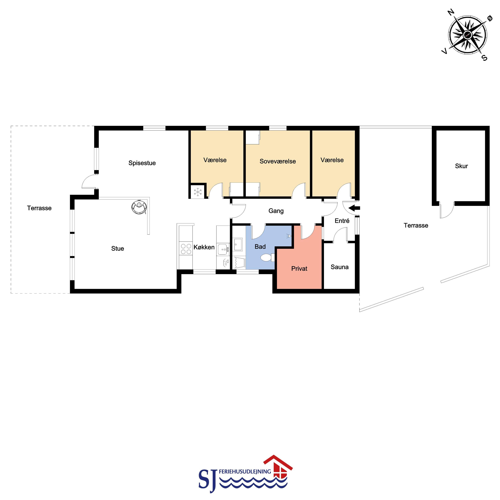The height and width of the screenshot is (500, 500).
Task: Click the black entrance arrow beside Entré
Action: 354,208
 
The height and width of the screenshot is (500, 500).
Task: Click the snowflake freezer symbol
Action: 198,192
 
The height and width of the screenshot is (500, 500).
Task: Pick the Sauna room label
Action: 339,267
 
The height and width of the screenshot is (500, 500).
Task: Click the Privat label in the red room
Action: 299,269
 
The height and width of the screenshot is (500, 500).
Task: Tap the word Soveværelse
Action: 278,161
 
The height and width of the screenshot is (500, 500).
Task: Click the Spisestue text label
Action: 142,163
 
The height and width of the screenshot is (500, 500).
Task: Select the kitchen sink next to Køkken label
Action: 223,249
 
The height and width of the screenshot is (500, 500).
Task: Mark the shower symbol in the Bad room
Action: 289,236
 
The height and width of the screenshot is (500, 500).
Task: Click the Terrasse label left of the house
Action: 39,208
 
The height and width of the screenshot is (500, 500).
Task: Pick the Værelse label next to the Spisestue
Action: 215,160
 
